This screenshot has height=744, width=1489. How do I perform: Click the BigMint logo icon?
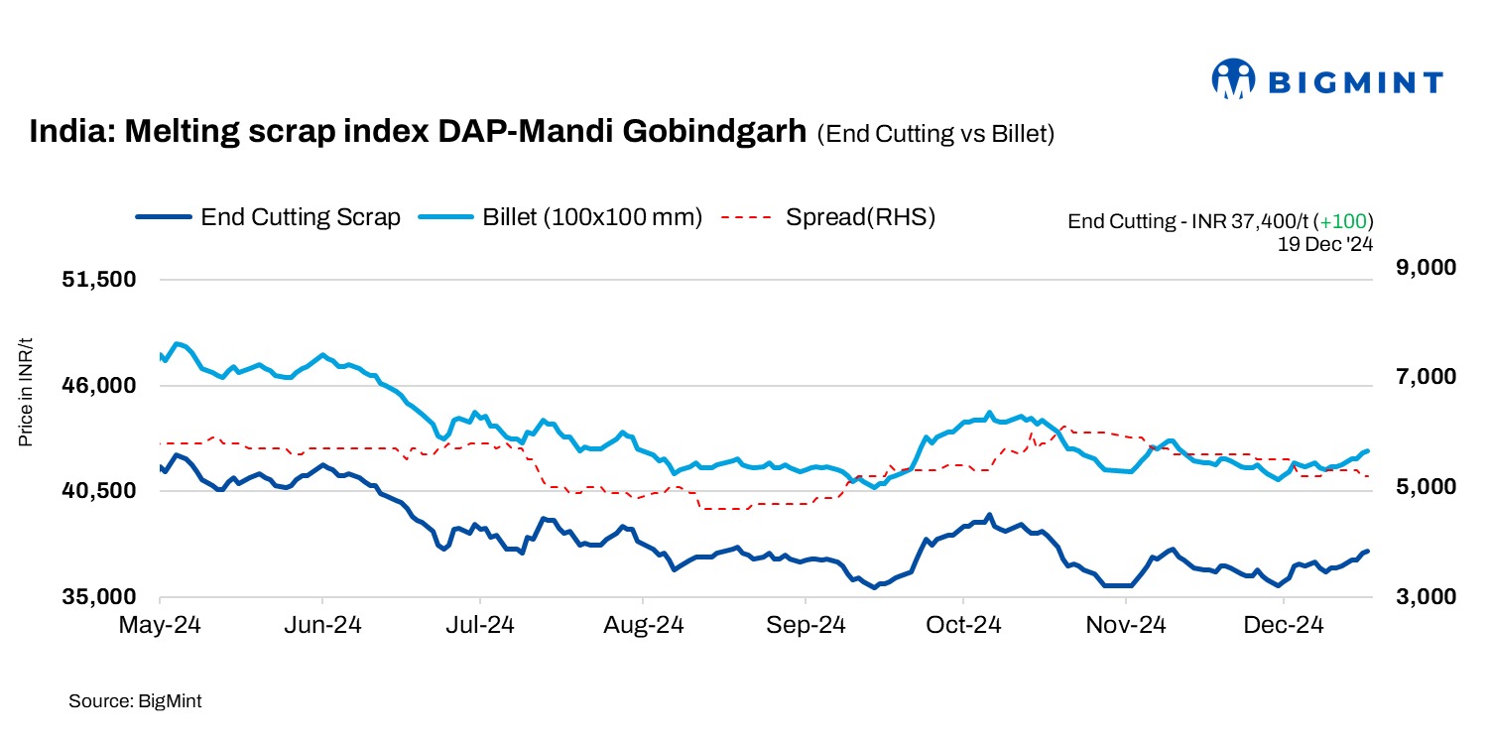pos(1234,79)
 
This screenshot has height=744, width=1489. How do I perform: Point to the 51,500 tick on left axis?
pos(98,280)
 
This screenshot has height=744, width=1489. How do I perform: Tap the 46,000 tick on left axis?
pos(98,386)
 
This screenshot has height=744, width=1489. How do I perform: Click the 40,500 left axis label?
pos(98,491)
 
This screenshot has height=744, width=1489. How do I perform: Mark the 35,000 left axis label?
pos(98,597)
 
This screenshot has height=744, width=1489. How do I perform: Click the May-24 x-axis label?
pos(160,626)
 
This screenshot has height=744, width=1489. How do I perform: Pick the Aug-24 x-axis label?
pos(643,626)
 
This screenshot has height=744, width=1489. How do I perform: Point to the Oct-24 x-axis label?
pos(962,626)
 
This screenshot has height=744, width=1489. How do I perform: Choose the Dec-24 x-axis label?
pos(1284,626)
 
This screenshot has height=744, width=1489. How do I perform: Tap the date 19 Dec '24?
pos(1324,241)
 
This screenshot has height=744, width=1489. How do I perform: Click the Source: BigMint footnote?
pos(135,701)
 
